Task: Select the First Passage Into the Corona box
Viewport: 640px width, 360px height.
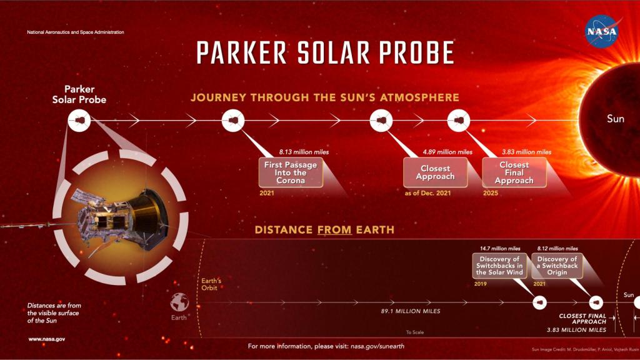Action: click(x=291, y=172)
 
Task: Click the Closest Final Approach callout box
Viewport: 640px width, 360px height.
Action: click(x=514, y=172)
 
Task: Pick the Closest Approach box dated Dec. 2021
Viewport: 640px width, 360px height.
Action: click(x=435, y=172)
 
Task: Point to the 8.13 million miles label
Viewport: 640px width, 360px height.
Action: click(x=304, y=151)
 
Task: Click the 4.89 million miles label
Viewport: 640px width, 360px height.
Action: click(x=447, y=151)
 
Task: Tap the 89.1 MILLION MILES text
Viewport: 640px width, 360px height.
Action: click(x=411, y=311)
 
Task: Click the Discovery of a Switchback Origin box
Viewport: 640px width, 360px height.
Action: click(x=557, y=266)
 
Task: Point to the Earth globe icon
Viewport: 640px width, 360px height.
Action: click(x=179, y=302)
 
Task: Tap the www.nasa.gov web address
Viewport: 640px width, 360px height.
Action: click(x=47, y=339)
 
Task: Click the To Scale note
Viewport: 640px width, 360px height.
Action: click(x=414, y=332)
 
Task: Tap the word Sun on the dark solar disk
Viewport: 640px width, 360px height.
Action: click(x=615, y=118)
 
